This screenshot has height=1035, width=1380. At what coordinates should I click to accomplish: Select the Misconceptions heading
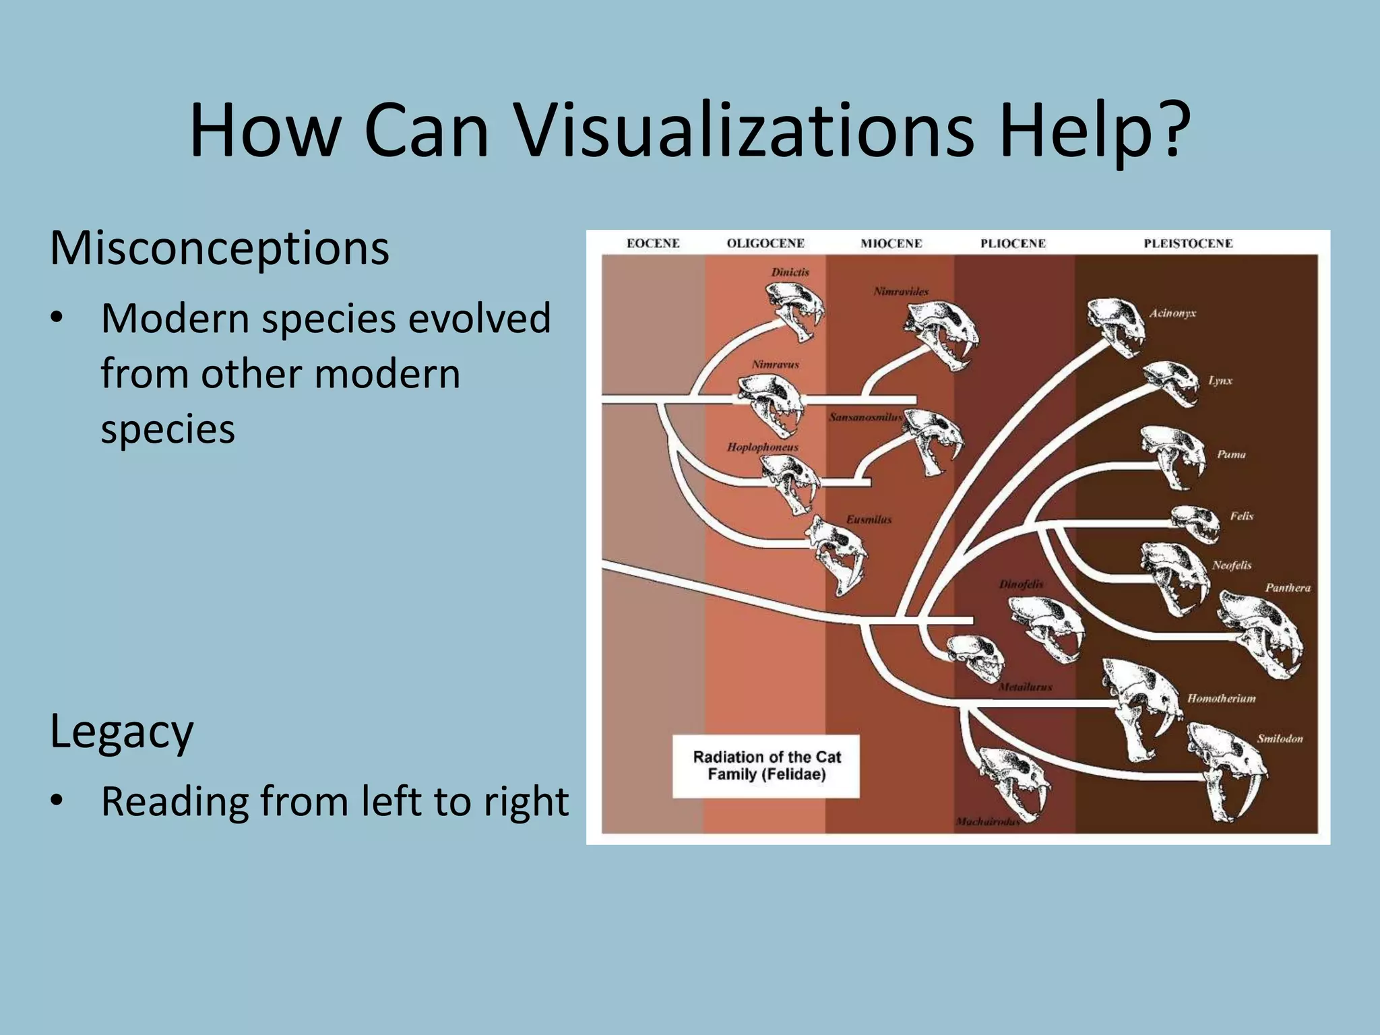click(x=219, y=248)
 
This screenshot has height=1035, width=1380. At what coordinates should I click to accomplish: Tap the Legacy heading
click(x=121, y=732)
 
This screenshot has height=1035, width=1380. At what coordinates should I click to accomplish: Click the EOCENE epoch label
click(x=653, y=243)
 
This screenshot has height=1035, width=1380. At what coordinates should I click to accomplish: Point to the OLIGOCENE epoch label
click(x=765, y=243)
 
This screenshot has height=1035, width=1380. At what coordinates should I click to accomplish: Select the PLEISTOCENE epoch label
click(x=1188, y=243)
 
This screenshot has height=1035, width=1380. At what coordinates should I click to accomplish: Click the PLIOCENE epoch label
click(x=1013, y=243)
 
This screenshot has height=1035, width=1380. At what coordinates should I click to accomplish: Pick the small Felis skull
click(x=1195, y=523)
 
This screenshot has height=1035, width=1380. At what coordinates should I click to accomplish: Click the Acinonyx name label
click(x=1172, y=313)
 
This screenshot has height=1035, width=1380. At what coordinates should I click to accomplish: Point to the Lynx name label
click(x=1220, y=381)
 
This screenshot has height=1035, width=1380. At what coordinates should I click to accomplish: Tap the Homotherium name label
click(x=1221, y=699)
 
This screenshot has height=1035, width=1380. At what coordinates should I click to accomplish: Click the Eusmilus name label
click(x=869, y=520)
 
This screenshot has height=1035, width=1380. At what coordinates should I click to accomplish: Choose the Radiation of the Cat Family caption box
click(x=766, y=766)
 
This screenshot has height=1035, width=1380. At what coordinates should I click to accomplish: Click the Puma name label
click(x=1231, y=455)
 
